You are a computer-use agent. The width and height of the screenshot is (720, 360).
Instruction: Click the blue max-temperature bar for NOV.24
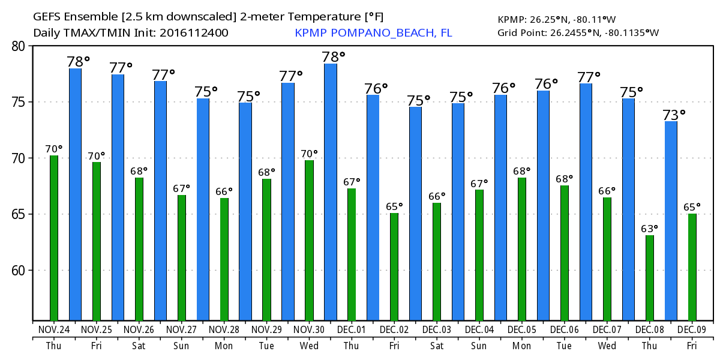click(x=75, y=195)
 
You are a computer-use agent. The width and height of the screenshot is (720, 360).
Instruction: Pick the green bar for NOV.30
click(x=309, y=240)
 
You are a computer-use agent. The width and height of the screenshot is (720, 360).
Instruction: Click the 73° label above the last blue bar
click(x=674, y=114)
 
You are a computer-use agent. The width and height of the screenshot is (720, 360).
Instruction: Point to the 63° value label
click(x=650, y=229)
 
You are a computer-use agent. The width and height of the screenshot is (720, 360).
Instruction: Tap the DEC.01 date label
click(x=352, y=330)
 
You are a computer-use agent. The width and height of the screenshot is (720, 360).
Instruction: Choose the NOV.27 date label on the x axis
click(x=181, y=330)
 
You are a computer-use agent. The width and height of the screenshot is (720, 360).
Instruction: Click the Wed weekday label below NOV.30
click(x=309, y=346)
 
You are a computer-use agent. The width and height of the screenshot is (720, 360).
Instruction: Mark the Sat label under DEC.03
click(x=437, y=346)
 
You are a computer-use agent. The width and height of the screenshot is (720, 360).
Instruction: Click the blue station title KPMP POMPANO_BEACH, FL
click(x=373, y=33)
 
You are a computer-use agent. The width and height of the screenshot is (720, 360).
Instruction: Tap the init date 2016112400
click(x=194, y=33)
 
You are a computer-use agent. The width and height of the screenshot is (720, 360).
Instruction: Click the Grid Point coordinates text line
click(x=578, y=32)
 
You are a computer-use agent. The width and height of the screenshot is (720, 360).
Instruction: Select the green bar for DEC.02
click(x=394, y=267)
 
